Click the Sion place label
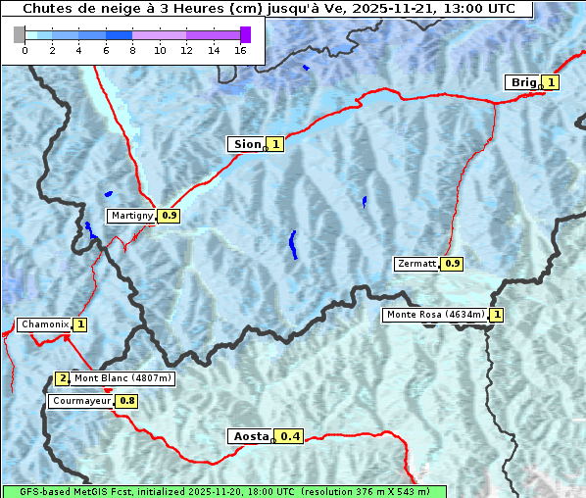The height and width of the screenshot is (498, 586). click(246, 144)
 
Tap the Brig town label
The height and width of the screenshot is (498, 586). click(522, 82)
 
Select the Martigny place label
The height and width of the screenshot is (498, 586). click(131, 216)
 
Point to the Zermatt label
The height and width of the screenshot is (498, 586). click(416, 264)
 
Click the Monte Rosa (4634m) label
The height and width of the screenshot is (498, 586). click(435, 315)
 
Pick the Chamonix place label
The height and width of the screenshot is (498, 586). click(44, 324)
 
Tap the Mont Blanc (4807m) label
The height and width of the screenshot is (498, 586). click(122, 378)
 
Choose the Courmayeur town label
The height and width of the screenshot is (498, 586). click(80, 401)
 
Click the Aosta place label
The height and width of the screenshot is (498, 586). click(249, 436)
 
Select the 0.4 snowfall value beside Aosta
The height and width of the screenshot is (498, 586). click(290, 436)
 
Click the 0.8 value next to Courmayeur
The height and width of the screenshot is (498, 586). click(127, 401)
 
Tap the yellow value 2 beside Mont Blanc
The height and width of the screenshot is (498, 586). click(63, 378)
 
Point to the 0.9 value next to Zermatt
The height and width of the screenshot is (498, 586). click(452, 264)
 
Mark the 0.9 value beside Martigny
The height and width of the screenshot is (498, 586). click(170, 216)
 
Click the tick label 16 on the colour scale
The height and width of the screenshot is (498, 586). click(240, 50)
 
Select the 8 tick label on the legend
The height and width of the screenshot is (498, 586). click(132, 50)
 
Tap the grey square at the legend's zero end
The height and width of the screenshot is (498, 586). click(20, 34)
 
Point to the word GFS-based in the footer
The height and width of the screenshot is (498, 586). click(35, 491)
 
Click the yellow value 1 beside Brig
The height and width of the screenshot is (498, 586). click(552, 82)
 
